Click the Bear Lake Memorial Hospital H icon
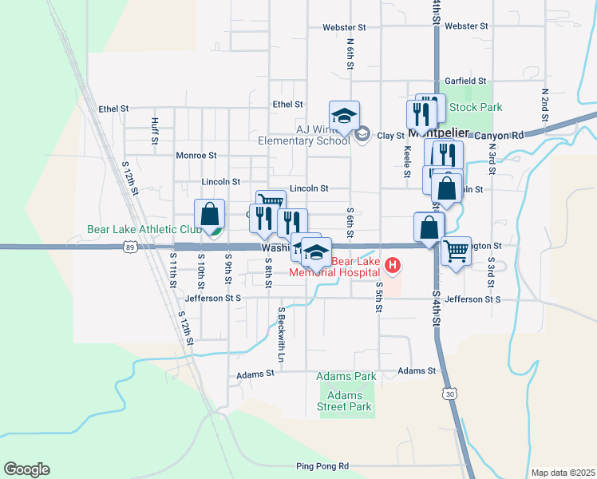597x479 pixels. [392, 265]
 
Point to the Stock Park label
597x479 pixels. [476, 106]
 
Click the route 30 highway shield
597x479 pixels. [451, 394]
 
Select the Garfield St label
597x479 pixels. [466, 81]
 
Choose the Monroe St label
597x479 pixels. [196, 155]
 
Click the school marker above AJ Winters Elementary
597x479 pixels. [345, 115]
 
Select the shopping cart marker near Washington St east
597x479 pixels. [456, 251]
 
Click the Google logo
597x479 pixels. [26, 469]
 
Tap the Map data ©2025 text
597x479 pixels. [563, 473]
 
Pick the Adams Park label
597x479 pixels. [346, 376]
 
